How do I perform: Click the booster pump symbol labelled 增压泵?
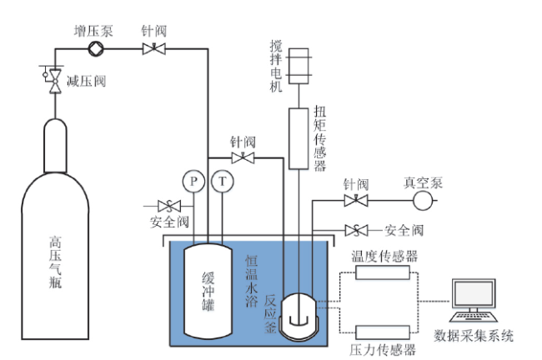[x=95, y=48]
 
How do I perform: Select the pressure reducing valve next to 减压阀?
[x=55, y=81]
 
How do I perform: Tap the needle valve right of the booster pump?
[x=153, y=48]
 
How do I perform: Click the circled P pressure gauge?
[x=193, y=181]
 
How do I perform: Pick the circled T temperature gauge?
[x=223, y=181]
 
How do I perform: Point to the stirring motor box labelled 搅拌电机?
[x=299, y=66]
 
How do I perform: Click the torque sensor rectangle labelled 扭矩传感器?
[x=299, y=138]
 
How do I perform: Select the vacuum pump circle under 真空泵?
[x=423, y=200]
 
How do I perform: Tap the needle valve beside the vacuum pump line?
[x=356, y=200]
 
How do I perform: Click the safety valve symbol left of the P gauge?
[x=169, y=207]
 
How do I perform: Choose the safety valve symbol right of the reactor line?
[x=356, y=230]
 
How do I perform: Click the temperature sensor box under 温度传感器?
[x=383, y=272]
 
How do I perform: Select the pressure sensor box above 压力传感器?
[x=383, y=332]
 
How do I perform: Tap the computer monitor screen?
[x=474, y=293]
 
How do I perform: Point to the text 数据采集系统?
[x=474, y=336]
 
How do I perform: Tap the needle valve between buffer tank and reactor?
[x=243, y=158]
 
